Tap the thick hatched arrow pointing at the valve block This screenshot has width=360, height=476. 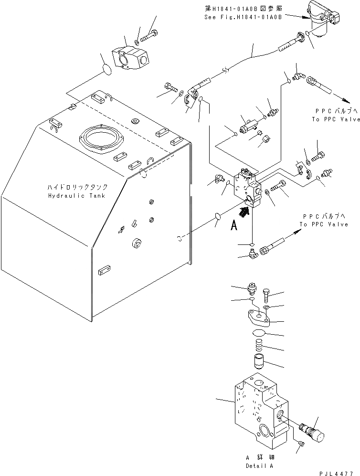pyautogui.click(x=244, y=213)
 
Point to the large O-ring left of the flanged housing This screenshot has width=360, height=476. pyautogui.click(x=107, y=69)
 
